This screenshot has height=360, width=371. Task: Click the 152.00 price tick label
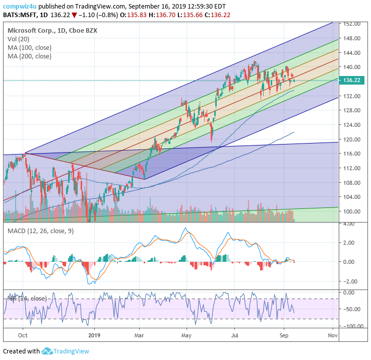coord(351,24)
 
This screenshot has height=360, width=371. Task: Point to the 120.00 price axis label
coord(351,139)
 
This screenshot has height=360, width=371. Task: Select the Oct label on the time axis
coord(23,334)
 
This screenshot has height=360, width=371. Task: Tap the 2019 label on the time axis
coord(95,334)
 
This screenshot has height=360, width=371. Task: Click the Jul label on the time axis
coord(234,334)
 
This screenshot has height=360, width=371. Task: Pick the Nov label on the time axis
coord(333,334)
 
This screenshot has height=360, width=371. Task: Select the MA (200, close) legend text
coord(29,56)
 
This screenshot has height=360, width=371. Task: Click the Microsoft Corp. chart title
coord(30,31)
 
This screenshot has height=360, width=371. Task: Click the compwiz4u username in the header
coord(20,7)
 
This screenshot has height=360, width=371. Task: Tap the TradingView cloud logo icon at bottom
coord(47,351)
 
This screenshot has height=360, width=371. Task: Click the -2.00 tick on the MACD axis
coord(350,281)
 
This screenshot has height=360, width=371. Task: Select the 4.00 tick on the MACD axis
coord(351,224)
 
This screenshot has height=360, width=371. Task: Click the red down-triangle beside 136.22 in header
coord(74,15)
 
